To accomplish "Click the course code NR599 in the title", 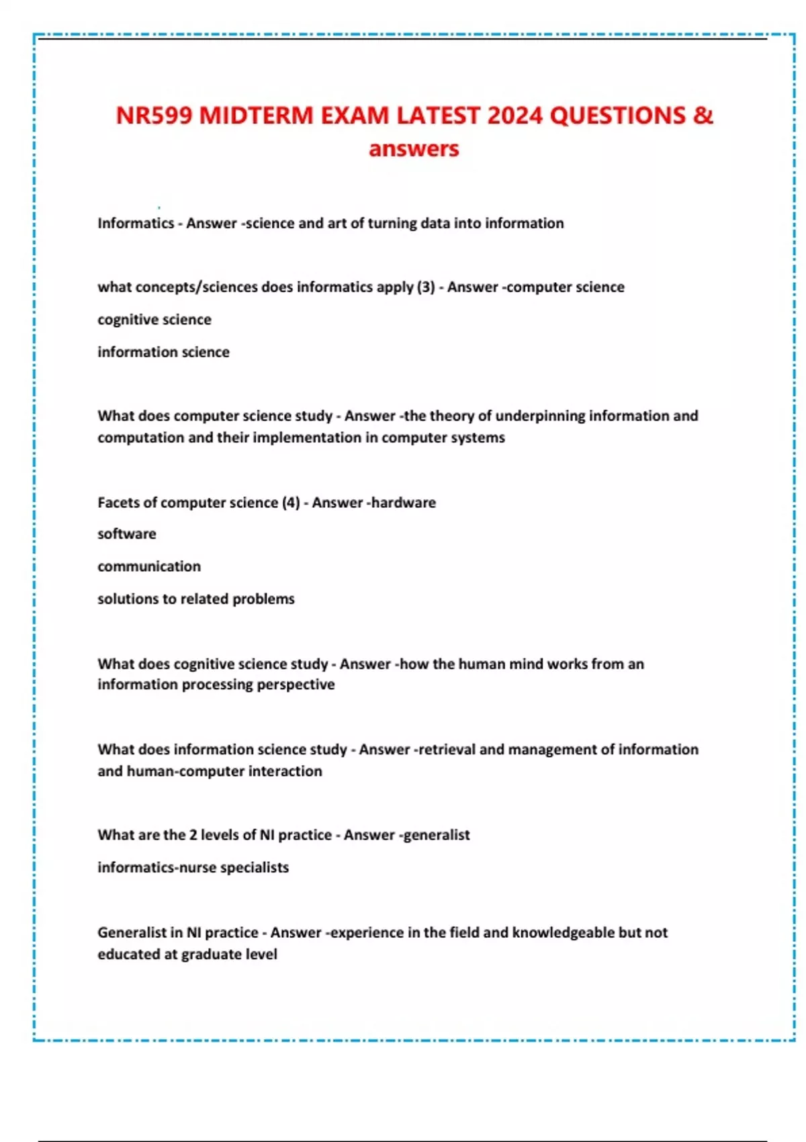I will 154,116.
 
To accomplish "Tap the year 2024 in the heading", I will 514,116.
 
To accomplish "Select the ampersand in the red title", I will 703,116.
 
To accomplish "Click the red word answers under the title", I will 414,148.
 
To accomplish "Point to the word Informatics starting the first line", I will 135,223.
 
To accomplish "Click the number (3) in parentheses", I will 426,287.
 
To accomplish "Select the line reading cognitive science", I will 154,320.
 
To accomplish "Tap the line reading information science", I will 163,352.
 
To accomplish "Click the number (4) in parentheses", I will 291,502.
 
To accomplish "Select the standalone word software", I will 127,534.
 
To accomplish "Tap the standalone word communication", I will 149,566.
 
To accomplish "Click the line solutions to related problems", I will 196,599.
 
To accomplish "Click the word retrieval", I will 447,749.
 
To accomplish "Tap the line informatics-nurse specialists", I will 193,867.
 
